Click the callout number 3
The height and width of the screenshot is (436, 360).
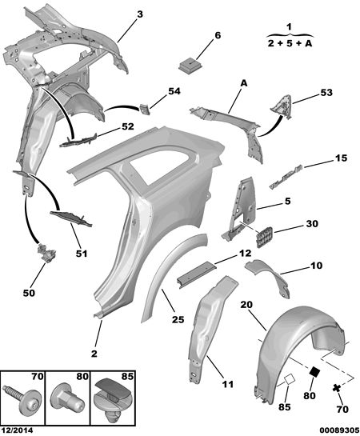click(x=140, y=14)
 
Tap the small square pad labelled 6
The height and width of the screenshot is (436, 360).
click(x=190, y=66)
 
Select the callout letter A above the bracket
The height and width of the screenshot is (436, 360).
click(x=244, y=83)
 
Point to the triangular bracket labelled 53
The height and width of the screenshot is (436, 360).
click(x=282, y=106)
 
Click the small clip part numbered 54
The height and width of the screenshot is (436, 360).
click(x=145, y=109)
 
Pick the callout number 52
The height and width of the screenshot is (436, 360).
click(x=127, y=126)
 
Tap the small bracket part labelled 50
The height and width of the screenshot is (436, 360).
click(x=46, y=252)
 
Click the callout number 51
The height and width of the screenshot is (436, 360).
click(x=82, y=254)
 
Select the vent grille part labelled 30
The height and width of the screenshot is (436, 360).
click(x=264, y=237)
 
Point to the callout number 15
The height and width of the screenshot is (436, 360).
click(x=341, y=158)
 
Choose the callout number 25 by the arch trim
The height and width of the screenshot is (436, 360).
click(x=178, y=319)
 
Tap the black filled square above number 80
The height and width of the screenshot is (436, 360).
click(x=314, y=372)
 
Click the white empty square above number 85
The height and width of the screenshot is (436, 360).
click(x=289, y=380)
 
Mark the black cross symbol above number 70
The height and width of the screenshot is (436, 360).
click(x=337, y=388)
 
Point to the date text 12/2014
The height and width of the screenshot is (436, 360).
click(x=17, y=430)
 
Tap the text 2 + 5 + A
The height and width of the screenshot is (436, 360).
click(x=290, y=43)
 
